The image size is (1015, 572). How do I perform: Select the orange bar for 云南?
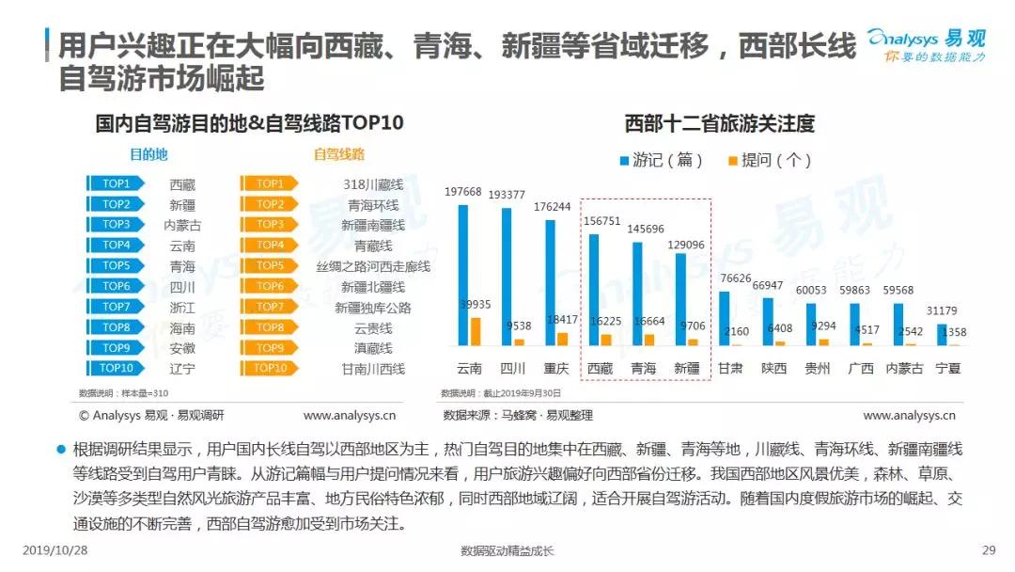[476, 331]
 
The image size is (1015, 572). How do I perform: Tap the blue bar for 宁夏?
[943, 335]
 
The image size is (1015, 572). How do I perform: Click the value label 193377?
[507, 194]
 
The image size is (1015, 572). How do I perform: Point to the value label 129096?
[682, 245]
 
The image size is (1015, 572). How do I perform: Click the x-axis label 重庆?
[555, 369]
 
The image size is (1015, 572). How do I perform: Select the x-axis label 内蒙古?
[903, 369]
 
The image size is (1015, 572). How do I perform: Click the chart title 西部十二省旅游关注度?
[719, 123]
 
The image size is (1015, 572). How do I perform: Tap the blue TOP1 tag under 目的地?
[116, 183]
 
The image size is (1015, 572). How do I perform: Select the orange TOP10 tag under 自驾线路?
[270, 368]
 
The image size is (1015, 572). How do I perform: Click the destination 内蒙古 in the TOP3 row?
[182, 226]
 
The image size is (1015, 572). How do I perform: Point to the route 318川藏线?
[373, 184]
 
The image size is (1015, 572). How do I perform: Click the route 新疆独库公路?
[373, 308]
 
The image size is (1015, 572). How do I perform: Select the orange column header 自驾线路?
[339, 153]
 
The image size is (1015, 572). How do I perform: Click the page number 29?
[988, 550]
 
